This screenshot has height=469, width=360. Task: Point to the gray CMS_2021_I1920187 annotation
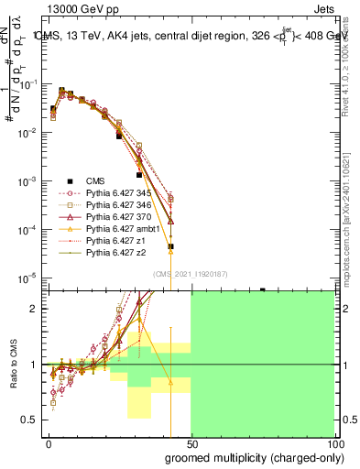coord(191,273)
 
